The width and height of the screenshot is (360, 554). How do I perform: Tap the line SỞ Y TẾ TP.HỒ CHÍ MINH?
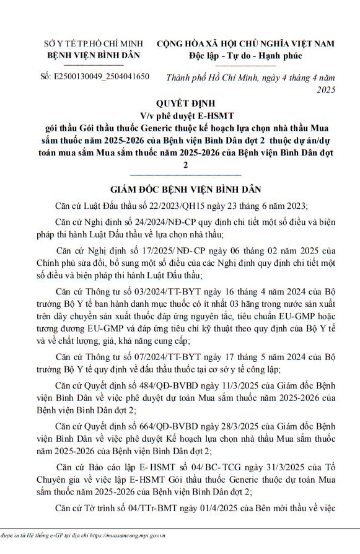pos(93,45)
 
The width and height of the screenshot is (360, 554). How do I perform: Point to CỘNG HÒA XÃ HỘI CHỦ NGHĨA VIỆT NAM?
pos(245,44)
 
